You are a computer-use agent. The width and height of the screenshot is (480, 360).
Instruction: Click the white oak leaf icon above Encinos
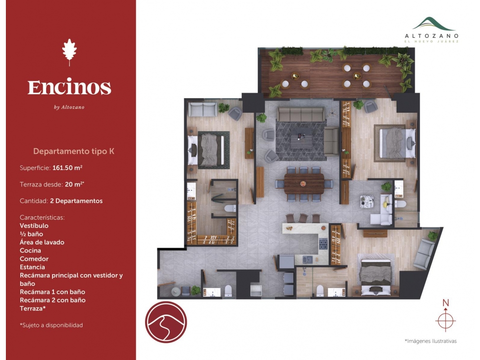point(70,52)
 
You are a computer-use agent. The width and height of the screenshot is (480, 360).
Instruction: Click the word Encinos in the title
point(70,87)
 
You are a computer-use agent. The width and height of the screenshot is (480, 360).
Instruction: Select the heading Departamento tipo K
point(74,151)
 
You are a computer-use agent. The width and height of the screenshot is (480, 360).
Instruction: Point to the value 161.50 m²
point(67,168)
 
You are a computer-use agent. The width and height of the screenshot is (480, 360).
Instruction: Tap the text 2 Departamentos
point(76,201)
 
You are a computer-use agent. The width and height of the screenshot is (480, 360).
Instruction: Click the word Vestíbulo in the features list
point(34,226)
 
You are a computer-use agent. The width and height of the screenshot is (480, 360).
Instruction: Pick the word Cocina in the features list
point(30,251)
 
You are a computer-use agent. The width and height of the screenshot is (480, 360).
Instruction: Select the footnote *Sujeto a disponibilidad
point(51,325)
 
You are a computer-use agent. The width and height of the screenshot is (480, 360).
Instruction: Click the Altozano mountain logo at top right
point(431,24)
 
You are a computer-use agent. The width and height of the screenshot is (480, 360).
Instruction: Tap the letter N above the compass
point(446,303)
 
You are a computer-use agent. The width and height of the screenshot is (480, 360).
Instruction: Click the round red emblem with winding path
point(166,322)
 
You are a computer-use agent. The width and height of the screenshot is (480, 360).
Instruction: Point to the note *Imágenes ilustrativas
point(430,341)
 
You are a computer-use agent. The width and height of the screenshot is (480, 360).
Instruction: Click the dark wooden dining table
point(304,183)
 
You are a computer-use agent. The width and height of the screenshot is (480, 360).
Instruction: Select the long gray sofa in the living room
point(300,114)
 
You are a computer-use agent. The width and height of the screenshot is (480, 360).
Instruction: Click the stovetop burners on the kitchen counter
point(323,244)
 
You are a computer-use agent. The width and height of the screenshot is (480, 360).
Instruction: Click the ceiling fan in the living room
point(331,113)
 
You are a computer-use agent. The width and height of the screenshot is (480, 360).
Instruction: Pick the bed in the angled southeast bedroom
point(376,277)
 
